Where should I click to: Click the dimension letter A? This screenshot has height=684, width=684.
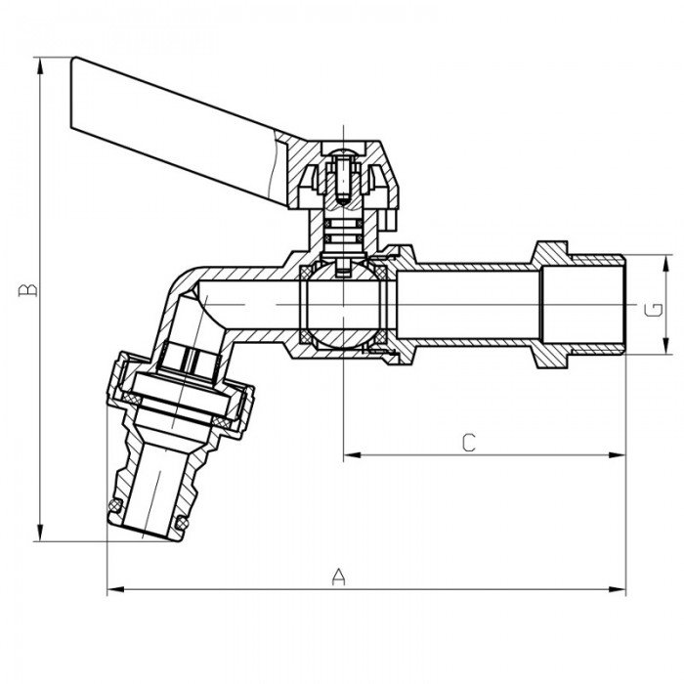(x=339, y=576)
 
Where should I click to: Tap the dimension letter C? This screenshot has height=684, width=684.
(x=468, y=443)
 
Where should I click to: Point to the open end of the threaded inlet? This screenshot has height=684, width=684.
(x=621, y=306)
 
